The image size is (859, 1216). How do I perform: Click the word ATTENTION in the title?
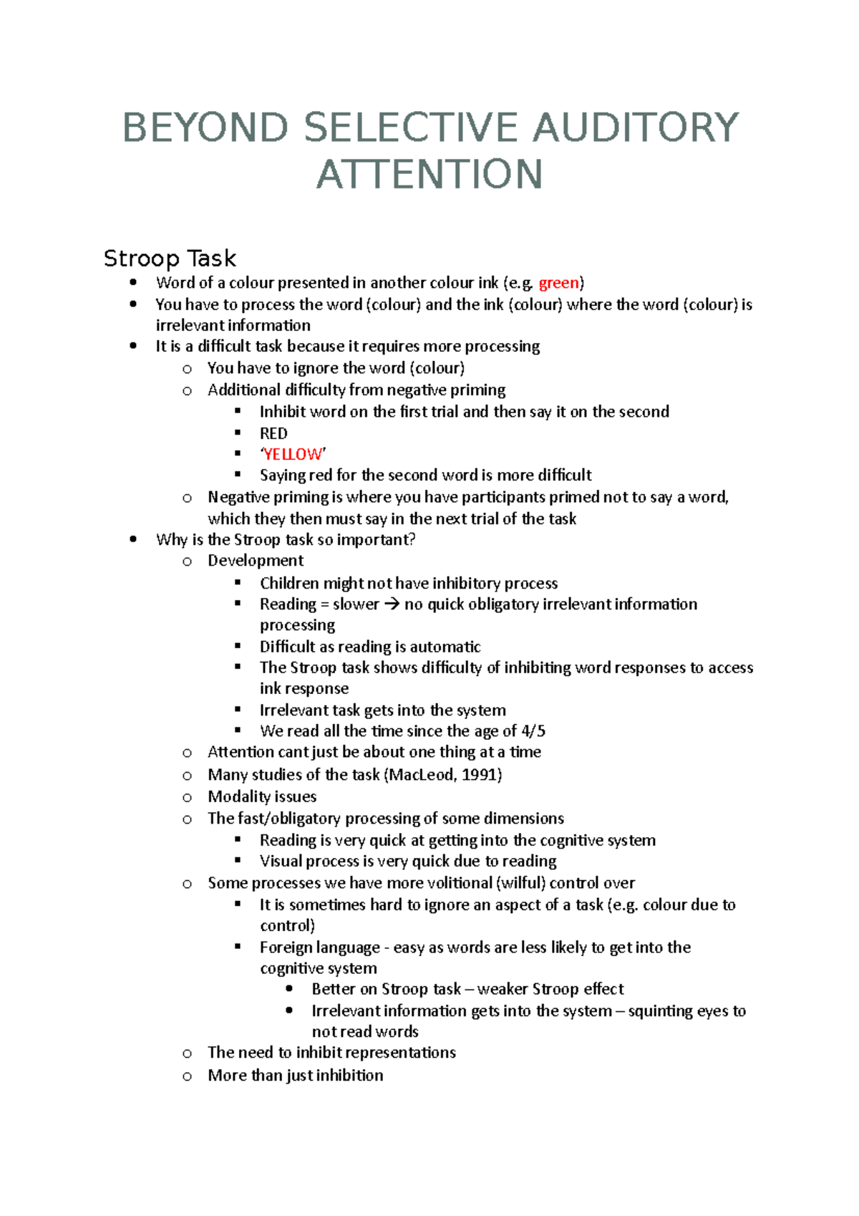click(429, 175)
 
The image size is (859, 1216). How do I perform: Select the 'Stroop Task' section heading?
click(170, 259)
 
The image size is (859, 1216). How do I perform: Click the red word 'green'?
click(558, 283)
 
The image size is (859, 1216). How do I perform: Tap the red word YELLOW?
click(293, 455)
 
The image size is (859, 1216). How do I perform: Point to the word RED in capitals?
click(273, 434)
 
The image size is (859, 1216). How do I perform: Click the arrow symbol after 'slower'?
click(391, 604)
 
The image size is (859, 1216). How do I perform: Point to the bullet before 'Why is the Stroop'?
click(133, 540)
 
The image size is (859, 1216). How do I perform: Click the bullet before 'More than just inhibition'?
click(187, 1076)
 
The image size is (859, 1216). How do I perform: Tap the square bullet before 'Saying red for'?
click(238, 475)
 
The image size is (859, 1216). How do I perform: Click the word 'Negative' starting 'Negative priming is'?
click(237, 497)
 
